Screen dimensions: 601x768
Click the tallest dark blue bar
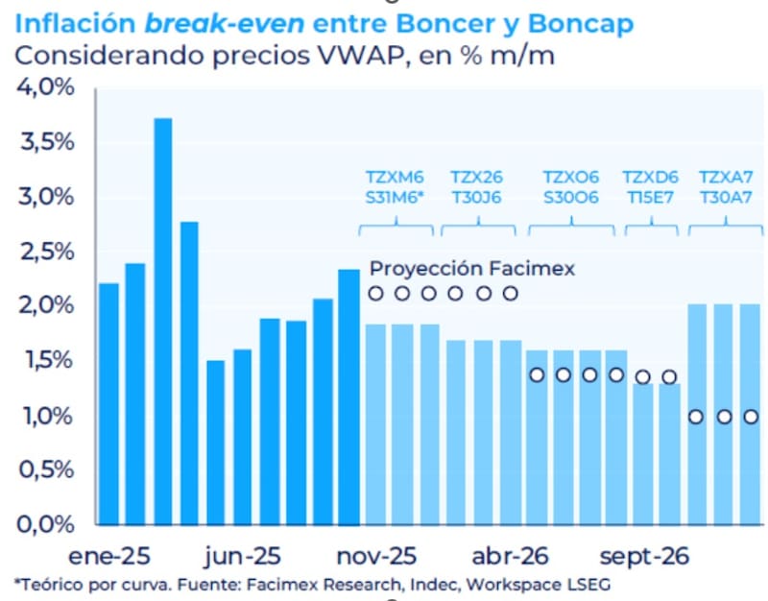(x=162, y=322)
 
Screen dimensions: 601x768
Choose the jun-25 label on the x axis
(x=243, y=557)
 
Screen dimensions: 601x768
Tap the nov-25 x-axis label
(x=376, y=557)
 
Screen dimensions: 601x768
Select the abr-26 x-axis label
(x=511, y=557)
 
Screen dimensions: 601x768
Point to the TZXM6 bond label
(x=395, y=177)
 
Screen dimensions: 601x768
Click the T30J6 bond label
(x=478, y=199)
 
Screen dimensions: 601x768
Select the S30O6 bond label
(x=571, y=199)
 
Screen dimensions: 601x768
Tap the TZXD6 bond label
(x=651, y=177)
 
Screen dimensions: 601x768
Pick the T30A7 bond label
(x=726, y=199)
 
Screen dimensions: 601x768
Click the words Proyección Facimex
(x=471, y=269)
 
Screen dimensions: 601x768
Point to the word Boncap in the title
(x=584, y=23)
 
